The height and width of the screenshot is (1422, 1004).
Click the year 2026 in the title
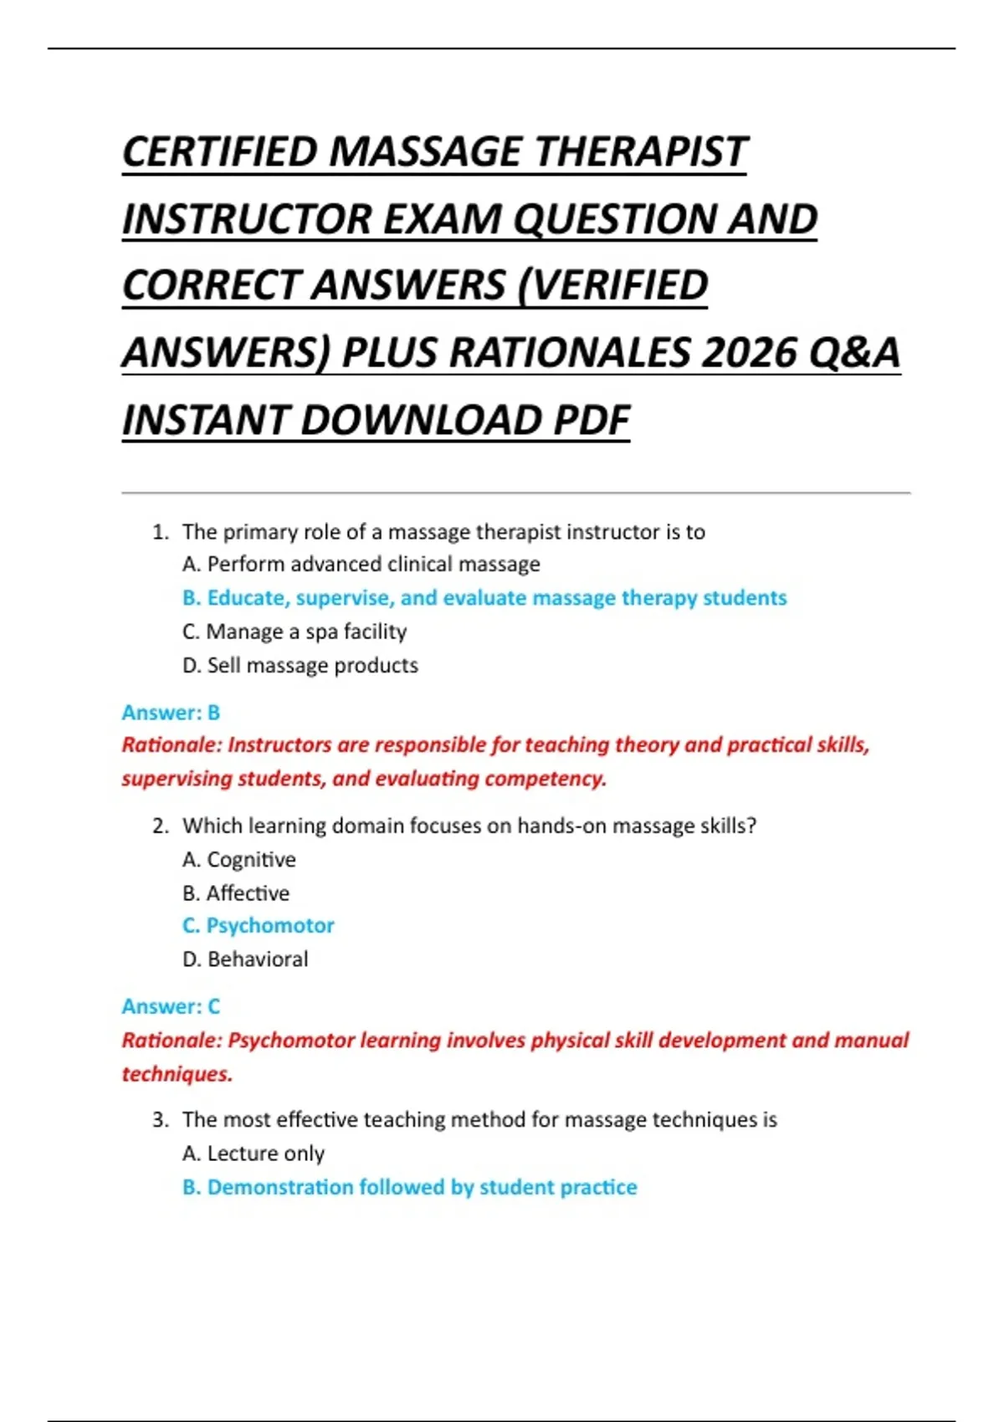pos(748,352)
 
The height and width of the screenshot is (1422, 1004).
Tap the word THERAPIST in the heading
pos(640,152)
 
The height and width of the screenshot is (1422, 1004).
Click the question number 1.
pos(160,532)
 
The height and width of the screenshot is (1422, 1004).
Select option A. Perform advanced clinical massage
pos(361,565)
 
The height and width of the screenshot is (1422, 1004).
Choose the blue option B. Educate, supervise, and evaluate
pos(484,598)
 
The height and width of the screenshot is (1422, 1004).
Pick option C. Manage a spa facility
pos(295,632)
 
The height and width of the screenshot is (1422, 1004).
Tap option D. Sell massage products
pos(300,666)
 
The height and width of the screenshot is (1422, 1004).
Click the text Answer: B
pos(171,713)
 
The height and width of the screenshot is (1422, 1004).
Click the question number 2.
pos(160,826)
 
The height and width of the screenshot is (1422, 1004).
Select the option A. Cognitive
pos(239,860)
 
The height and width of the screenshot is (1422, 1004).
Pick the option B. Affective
pos(236,893)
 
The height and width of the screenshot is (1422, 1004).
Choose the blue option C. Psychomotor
pos(259,926)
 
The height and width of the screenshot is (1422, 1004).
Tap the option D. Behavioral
pos(245,959)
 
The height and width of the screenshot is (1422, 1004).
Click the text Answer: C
pos(171,1006)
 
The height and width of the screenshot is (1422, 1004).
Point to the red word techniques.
pos(177,1074)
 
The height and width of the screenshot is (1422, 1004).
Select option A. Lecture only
pos(254,1153)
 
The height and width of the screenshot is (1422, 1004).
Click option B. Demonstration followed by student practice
pos(410,1187)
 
